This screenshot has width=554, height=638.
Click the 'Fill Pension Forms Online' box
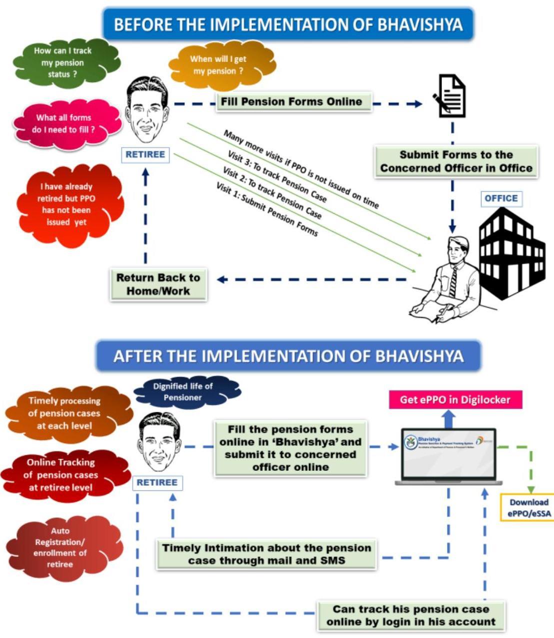[x=291, y=102]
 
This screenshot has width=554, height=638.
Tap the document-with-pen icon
[x=451, y=97]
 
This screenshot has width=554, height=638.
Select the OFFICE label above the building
[x=501, y=199]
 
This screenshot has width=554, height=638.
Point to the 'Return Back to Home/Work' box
[x=158, y=285]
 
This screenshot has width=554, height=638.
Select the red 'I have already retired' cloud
[x=66, y=204]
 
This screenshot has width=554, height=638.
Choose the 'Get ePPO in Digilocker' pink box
[x=455, y=400]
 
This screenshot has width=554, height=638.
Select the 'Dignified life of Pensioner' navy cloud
[x=183, y=392]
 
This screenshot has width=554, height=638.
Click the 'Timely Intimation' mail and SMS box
[x=266, y=554]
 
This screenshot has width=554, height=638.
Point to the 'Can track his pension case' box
[x=411, y=615]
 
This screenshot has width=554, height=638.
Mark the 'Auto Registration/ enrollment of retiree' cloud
[x=60, y=547]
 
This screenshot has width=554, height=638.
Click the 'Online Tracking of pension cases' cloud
[x=61, y=475]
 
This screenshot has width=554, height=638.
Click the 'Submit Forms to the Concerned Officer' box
[x=456, y=162]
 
